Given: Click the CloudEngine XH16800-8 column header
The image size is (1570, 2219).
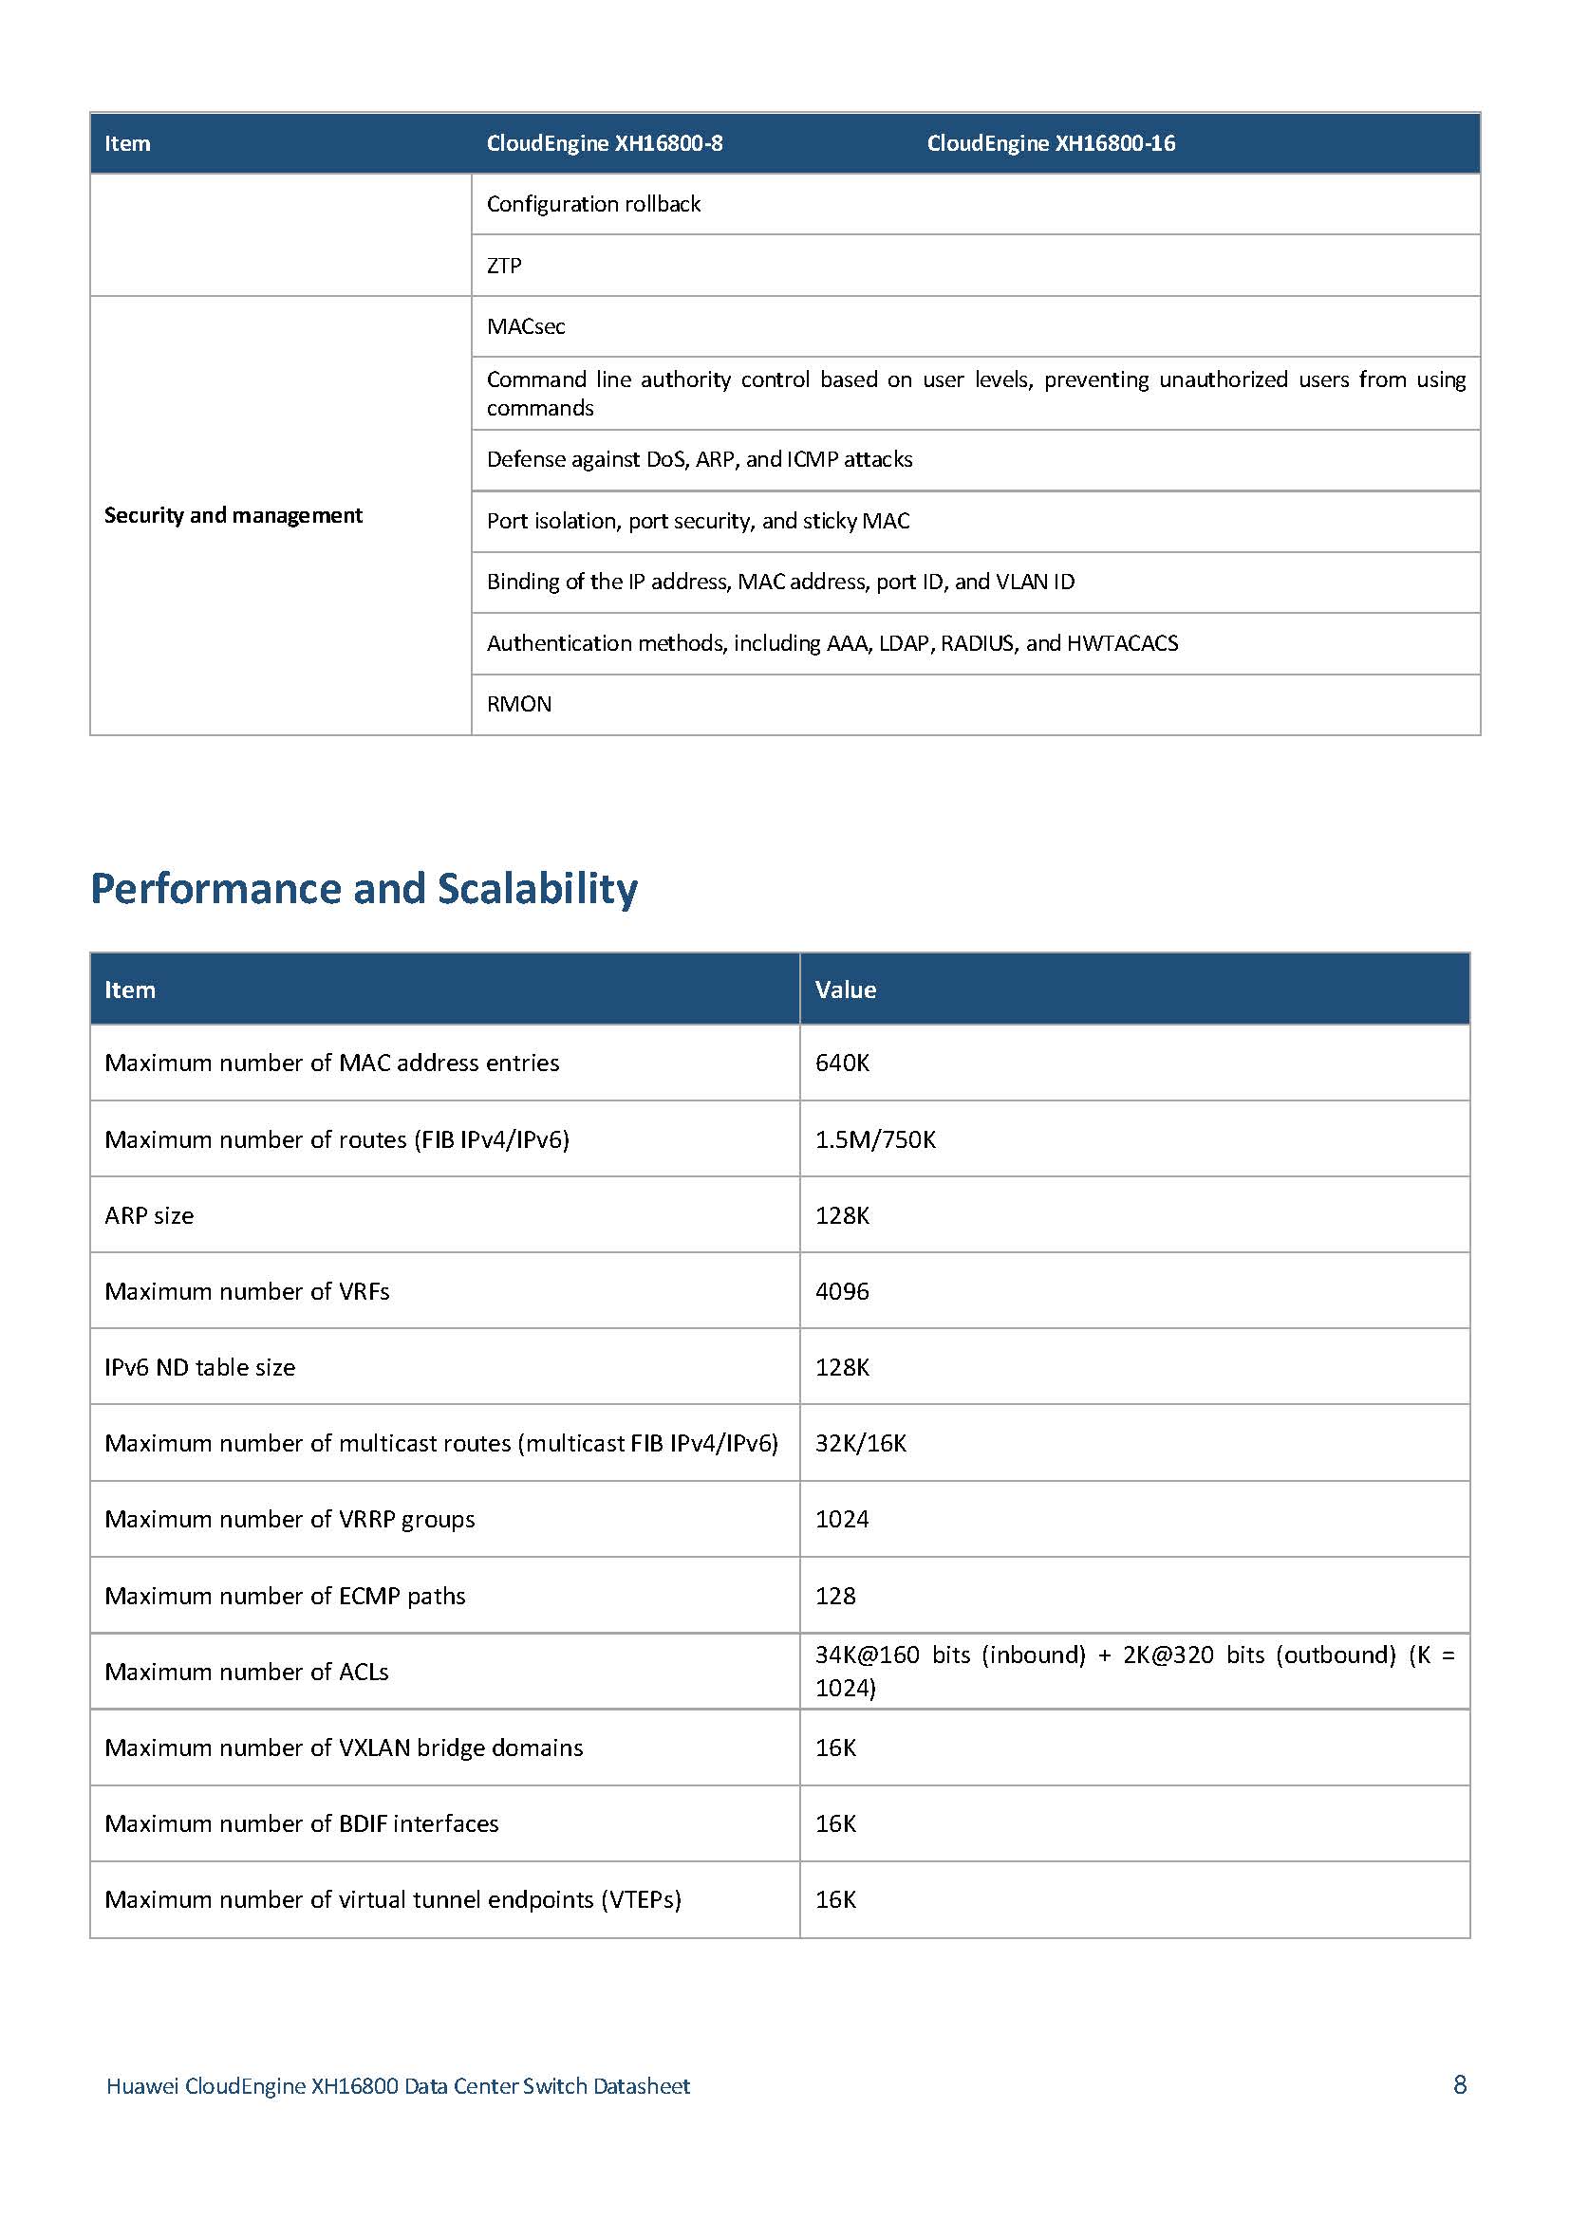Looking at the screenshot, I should (x=605, y=143).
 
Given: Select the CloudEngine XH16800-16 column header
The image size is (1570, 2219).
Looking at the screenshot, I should (x=1051, y=143).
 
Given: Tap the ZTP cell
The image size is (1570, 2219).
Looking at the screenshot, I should (x=504, y=266).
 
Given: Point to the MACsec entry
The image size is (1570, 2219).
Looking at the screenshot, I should (x=526, y=326).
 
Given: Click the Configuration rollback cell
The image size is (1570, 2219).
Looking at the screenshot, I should (x=593, y=204).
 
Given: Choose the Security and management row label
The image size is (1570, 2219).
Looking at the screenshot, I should (x=233, y=515).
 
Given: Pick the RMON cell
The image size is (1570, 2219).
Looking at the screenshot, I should (x=519, y=704).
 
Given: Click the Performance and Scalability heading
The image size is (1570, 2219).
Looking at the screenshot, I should (x=364, y=888).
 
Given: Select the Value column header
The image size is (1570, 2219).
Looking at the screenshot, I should (x=845, y=989).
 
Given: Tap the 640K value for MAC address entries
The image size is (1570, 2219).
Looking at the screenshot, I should (x=842, y=1063).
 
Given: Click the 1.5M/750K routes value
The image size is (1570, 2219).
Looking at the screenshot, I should (x=875, y=1139).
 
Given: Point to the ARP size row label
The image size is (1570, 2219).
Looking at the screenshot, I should (x=149, y=1216).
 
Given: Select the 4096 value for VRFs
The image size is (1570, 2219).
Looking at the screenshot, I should (x=842, y=1291).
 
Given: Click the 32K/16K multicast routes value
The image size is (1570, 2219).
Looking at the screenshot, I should (x=860, y=1443).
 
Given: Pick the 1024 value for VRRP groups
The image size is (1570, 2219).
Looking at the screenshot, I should (x=841, y=1519).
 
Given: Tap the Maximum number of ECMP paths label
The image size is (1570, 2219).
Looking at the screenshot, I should (x=285, y=1596).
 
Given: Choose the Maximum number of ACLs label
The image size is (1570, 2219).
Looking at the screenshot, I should (x=247, y=1672).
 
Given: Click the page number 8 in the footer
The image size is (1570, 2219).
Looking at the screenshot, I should (x=1460, y=2084).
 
